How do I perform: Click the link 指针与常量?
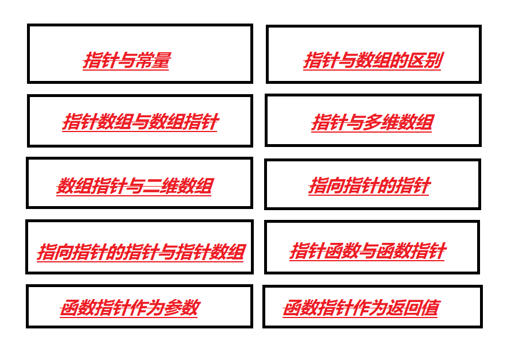pos(126,60)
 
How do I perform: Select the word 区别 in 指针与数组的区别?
pos(424,60)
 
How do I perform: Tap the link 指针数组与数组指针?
pos(140,122)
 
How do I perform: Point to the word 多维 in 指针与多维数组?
pos(380,122)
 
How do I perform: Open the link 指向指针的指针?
pos(369,185)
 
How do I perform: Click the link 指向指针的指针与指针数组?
pos(141,252)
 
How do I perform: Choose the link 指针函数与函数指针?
pos(367,251)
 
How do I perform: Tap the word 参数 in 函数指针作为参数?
pos(181,308)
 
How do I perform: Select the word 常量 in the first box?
pos(152,60)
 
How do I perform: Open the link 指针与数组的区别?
pos(372,60)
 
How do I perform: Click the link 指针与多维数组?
pos(372,122)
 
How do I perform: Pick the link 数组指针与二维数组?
pos(134,186)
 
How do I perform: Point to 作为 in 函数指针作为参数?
pos(146,308)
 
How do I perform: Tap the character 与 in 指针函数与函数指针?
pos(367,251)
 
